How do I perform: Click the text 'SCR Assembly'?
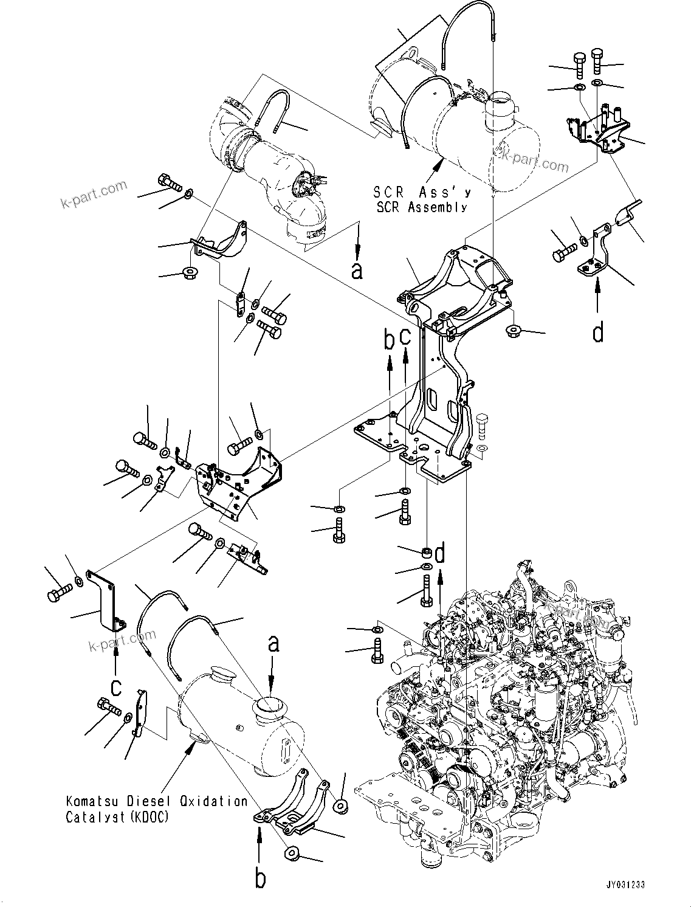coord(420,207)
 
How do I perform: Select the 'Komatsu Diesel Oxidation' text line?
coord(157,802)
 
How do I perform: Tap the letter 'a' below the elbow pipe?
coord(357,270)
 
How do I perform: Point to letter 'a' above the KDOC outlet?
coord(273,643)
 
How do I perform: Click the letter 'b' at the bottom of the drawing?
coord(260,879)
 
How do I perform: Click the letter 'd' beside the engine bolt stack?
coord(440,554)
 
